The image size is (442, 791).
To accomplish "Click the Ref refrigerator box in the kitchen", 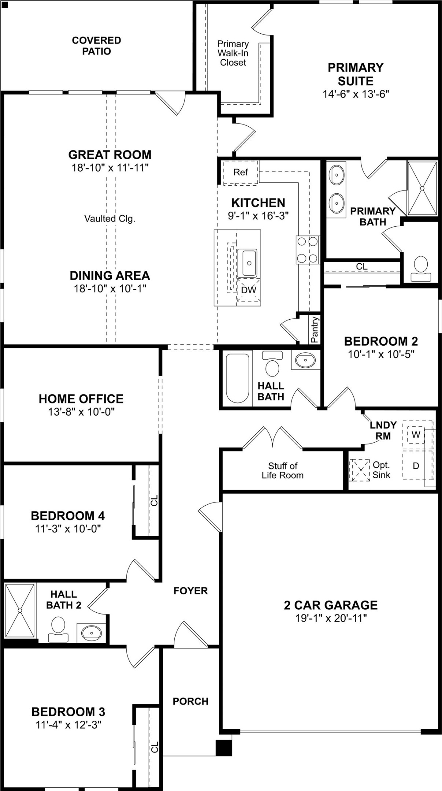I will [x=240, y=172].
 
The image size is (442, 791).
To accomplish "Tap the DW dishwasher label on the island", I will [x=248, y=290].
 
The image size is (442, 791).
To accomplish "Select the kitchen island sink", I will [x=247, y=263].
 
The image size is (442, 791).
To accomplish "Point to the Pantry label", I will [x=314, y=330].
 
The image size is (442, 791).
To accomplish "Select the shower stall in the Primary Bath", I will [x=422, y=188].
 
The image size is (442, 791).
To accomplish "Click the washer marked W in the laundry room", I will [x=416, y=435].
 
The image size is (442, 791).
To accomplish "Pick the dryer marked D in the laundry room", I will [x=416, y=466].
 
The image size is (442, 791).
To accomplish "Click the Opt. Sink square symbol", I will [x=359, y=470].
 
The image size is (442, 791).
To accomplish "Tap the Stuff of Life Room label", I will [x=283, y=471].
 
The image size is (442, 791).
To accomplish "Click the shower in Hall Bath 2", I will [x=20, y=610].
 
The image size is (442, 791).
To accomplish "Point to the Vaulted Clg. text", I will [x=110, y=219].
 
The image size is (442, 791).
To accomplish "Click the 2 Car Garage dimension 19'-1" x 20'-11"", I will [x=331, y=618].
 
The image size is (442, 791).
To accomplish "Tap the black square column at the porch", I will [x=223, y=748].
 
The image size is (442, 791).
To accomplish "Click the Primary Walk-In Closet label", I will [x=233, y=53].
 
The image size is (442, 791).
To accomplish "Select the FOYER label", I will [x=190, y=591].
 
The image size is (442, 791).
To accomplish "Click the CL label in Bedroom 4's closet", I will [x=154, y=501].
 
